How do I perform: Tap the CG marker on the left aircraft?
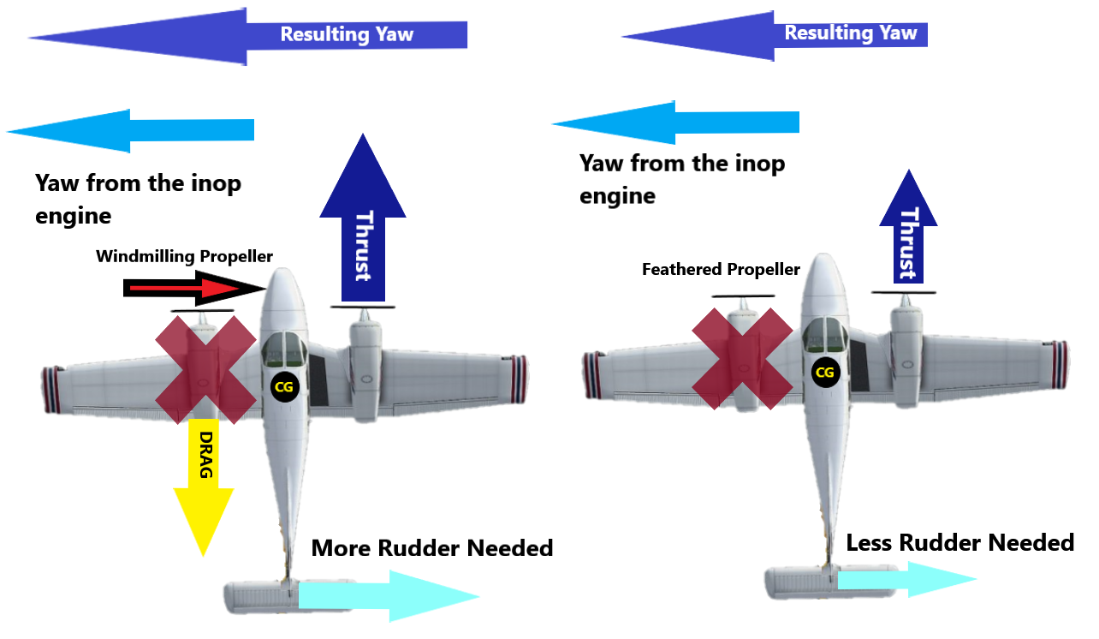pos(283,386)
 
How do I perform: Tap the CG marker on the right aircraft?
pos(824,373)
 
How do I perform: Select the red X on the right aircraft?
pos(741,358)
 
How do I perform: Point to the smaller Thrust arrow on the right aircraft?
pos(908,231)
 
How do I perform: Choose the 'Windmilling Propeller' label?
pos(184,256)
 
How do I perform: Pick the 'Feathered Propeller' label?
pos(721,270)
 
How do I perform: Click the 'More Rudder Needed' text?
pos(432,547)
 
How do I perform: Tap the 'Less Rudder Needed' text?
pos(959,542)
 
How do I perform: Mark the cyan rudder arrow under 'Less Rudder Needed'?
pos(907,580)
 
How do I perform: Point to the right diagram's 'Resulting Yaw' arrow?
pos(775,35)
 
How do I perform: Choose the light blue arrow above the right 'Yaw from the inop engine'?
pos(676,123)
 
